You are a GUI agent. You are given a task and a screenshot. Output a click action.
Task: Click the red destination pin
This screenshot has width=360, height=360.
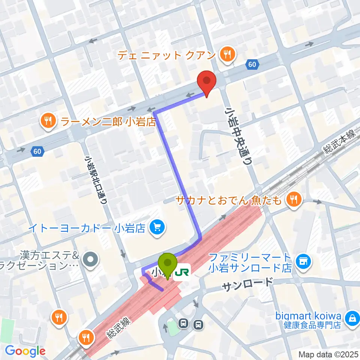click(x=206, y=81)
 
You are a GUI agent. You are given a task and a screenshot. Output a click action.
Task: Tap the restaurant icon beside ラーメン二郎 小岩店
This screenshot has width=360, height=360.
click(x=48, y=120)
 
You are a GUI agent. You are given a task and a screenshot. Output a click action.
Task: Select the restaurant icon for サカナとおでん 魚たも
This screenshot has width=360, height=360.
click(x=293, y=199)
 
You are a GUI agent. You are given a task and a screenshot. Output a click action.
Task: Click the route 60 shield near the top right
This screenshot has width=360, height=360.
click(x=252, y=64)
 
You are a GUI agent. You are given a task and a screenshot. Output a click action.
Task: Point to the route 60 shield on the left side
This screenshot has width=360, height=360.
click(x=37, y=151)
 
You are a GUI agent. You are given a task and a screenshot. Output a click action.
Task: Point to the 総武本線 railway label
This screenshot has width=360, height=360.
click(x=340, y=143)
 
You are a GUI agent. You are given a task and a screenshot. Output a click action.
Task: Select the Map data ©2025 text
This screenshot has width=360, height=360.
click(x=327, y=354)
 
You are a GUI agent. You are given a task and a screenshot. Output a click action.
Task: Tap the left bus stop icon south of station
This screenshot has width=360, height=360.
click(x=183, y=324)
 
